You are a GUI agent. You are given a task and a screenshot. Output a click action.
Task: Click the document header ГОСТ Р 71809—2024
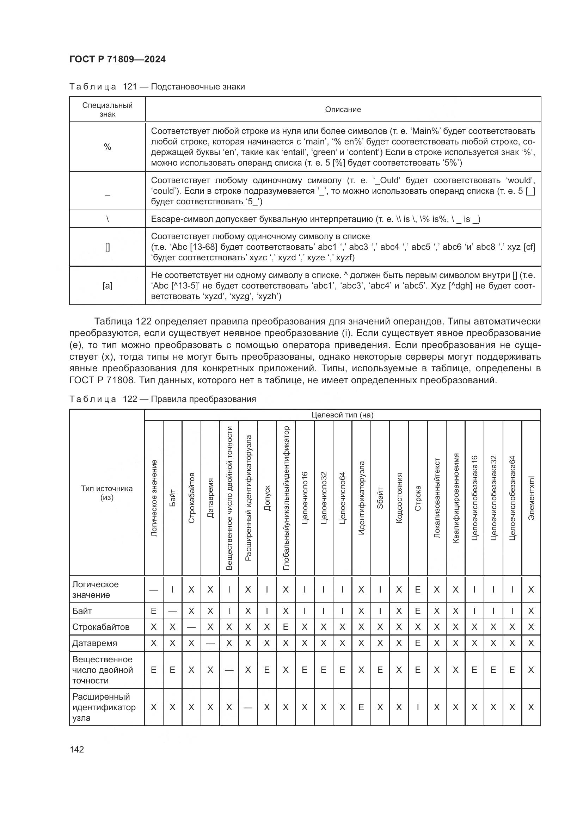[x=117, y=59]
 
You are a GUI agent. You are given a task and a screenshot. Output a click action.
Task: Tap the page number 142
[x=76, y=749]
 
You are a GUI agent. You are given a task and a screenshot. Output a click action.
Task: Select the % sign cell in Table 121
[x=108, y=147]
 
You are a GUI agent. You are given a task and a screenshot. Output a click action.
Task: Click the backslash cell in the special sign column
[x=108, y=219]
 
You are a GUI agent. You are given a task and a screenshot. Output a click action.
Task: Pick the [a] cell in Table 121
[x=108, y=286]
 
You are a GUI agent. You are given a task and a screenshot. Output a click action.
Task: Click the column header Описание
[x=343, y=110]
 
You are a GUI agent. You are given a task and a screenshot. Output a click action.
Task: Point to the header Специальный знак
[x=108, y=110]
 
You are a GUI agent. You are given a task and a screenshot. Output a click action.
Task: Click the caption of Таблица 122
[x=162, y=399]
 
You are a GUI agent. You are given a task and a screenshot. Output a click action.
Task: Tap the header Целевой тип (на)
[x=342, y=415]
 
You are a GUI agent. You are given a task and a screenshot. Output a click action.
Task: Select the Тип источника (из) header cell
[x=106, y=493]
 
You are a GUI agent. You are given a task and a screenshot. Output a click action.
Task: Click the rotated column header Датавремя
[x=210, y=498]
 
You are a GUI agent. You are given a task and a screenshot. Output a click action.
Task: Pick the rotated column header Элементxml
[x=531, y=498]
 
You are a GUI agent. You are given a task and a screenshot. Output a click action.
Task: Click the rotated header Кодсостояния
[x=399, y=498]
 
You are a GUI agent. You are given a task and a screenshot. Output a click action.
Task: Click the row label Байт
[x=82, y=611]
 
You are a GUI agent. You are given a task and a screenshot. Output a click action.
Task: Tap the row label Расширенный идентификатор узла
[x=104, y=707]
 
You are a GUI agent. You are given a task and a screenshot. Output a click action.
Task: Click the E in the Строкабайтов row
[x=286, y=627]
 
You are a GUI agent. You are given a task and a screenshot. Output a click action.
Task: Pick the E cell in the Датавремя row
[x=417, y=643]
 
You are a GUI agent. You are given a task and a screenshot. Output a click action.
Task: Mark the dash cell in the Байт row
[x=172, y=611]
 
